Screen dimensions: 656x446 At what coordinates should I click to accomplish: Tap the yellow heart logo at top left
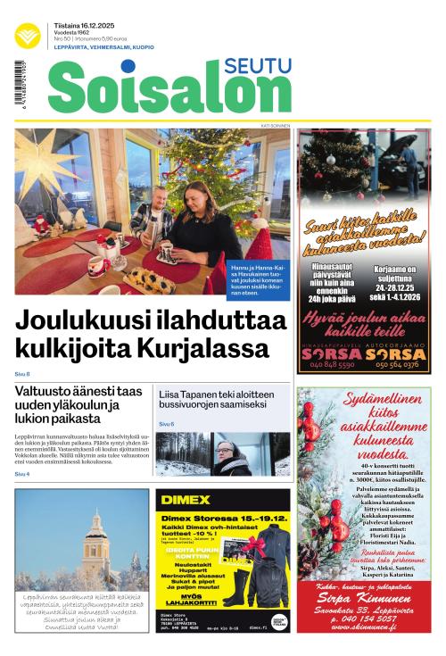29,37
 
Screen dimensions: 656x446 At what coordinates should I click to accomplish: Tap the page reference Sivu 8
22,373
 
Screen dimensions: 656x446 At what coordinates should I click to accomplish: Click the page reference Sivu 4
22,474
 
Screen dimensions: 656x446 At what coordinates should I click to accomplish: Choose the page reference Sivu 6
167,423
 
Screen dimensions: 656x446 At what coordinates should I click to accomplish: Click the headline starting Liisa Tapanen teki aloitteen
223,400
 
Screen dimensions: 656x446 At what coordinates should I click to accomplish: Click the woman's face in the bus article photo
226,453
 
